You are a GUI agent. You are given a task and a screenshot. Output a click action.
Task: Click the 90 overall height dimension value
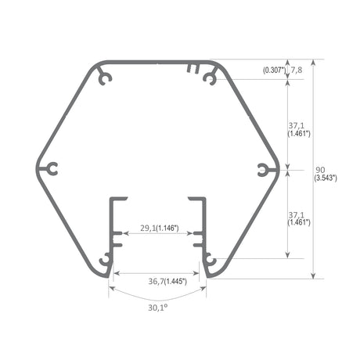pyautogui.click(x=320, y=170)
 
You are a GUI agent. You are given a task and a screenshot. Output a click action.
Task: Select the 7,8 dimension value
pyautogui.click(x=296, y=70)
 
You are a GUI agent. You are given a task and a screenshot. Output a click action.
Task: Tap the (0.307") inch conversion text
pyautogui.click(x=274, y=70)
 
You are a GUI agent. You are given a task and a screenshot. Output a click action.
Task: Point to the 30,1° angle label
pyautogui.click(x=157, y=308)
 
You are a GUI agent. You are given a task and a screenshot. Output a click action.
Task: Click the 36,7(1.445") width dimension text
pyautogui.click(x=167, y=281)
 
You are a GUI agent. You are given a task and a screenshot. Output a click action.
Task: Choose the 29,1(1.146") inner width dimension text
pyautogui.click(x=160, y=229)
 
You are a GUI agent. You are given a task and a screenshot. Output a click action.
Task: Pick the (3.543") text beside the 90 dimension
pyautogui.click(x=326, y=178)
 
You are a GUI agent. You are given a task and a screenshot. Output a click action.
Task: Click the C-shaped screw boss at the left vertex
pyautogui.click(x=51, y=169)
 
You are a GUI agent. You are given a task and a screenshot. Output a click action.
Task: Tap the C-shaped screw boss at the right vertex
pyautogui.click(x=264, y=170)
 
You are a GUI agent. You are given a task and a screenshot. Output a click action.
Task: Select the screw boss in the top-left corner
pyautogui.click(x=105, y=77)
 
